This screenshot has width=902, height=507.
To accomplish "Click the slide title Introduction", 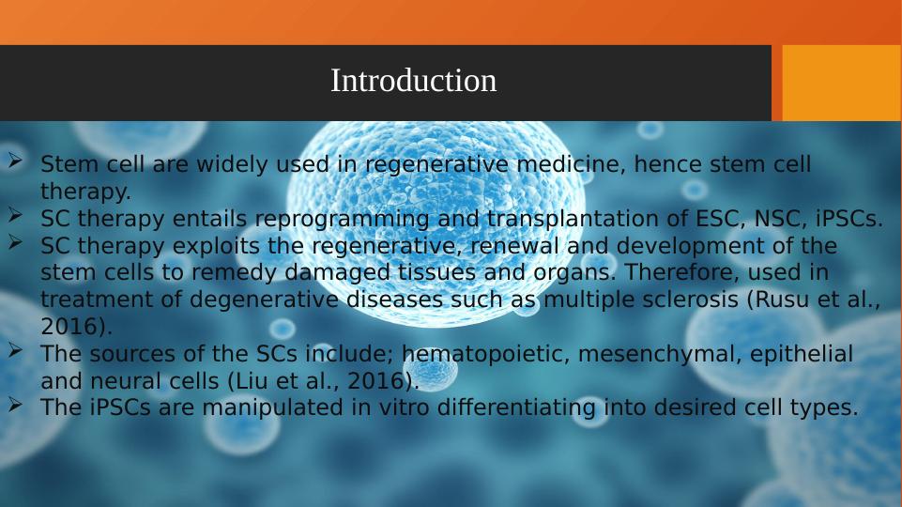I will [413, 82].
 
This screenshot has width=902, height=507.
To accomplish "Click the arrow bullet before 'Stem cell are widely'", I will [16, 161].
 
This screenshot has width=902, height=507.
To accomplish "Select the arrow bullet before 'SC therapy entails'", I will [16, 216].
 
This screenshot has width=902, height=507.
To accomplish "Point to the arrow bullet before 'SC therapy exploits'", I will [16, 243].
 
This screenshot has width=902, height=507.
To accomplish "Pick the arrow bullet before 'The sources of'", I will [16, 352].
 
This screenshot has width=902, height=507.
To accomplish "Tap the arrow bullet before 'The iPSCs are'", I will [16, 406].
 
